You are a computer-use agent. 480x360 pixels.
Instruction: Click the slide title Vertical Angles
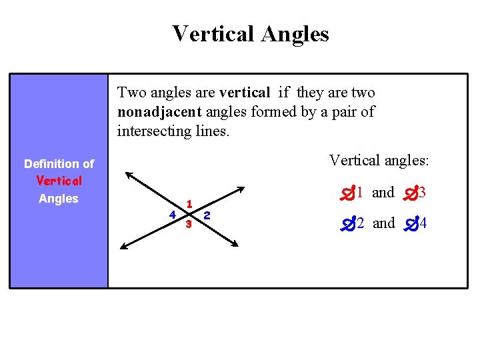250,33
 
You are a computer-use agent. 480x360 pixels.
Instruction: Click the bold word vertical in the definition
245,93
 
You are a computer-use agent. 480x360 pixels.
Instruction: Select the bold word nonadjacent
157,112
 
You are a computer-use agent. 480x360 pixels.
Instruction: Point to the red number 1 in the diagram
190,203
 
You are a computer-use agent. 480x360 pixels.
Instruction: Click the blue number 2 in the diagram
207,215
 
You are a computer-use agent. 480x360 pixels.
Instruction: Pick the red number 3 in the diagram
189,225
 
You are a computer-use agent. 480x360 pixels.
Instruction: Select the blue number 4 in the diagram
172,215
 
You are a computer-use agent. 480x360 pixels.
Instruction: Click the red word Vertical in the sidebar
59,181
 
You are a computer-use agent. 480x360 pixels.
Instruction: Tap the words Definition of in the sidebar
59,163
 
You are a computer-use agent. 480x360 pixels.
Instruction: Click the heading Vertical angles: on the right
379,160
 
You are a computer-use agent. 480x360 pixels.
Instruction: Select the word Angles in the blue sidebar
59,199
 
